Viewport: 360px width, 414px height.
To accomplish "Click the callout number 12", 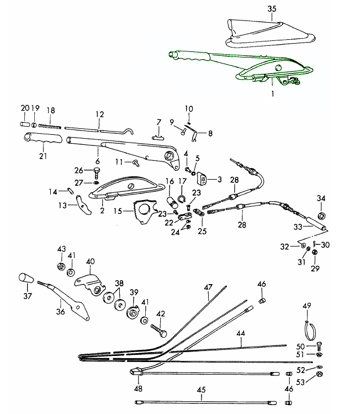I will coord(99,114).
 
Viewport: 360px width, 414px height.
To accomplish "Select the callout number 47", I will coord(208,288).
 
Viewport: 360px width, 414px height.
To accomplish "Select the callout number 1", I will coord(272,95).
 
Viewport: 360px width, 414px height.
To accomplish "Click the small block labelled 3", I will coord(203,180).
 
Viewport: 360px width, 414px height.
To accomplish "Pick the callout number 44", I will coord(241,333).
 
